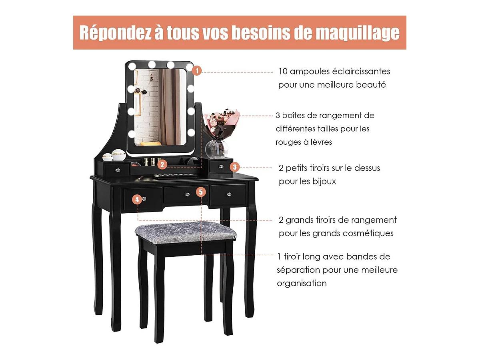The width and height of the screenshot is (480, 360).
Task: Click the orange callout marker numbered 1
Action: [x=197, y=71]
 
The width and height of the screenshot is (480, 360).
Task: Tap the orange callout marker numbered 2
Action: [x=162, y=164]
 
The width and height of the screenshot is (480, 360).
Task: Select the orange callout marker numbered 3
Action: [x=235, y=167]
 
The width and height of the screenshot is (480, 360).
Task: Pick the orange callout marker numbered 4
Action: [x=137, y=199]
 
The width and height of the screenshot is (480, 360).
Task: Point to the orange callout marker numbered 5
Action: [x=201, y=192]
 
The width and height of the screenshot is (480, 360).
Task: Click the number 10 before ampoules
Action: [x=283, y=72]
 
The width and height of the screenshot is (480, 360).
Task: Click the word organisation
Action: [x=302, y=284]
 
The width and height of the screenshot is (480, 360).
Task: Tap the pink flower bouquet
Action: [x=221, y=124]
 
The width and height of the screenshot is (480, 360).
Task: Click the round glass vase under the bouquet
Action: [x=217, y=149]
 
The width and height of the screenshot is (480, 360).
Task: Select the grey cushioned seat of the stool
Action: [x=186, y=232]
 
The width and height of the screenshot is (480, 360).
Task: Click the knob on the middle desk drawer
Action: [x=187, y=194]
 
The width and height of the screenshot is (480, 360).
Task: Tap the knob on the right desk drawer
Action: [x=229, y=194]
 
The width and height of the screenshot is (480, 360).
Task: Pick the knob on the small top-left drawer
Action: [x=118, y=170]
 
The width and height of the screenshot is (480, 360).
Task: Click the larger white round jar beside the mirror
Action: [x=119, y=155]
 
